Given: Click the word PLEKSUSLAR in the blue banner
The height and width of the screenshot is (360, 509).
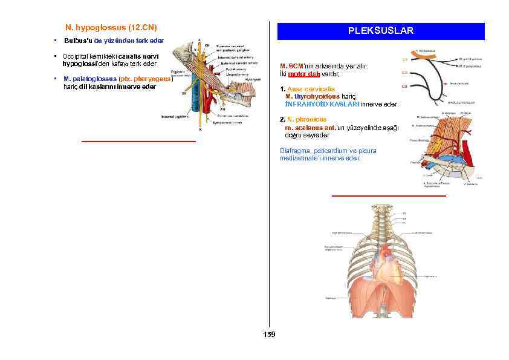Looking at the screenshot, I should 380,31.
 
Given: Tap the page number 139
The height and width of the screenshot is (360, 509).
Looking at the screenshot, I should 269,335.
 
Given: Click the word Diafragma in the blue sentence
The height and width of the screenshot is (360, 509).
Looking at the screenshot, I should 293,151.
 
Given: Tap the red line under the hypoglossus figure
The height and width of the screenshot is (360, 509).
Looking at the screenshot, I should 138,141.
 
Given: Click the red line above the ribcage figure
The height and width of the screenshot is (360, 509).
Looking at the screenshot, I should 389,196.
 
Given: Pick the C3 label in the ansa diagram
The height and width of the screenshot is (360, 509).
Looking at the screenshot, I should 404,87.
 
